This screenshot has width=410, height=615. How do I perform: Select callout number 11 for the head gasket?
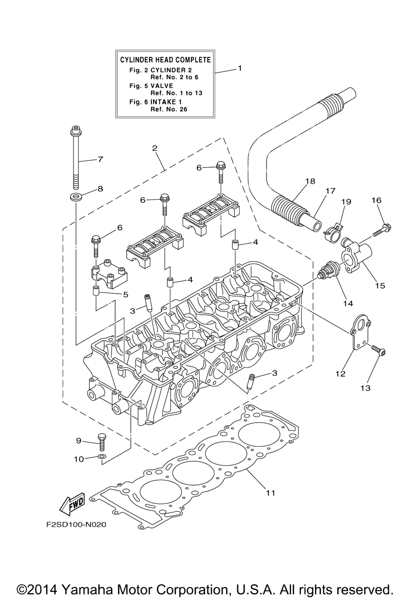point(271,493)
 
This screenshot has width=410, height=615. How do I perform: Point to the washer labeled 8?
point(75,197)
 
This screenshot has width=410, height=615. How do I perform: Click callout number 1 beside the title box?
point(240,68)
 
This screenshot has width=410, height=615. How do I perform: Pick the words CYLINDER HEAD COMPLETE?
point(165,60)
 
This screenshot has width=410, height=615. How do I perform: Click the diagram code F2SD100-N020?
point(76,525)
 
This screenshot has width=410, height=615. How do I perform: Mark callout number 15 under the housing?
point(380,285)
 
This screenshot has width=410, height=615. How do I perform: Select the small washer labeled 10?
point(102,456)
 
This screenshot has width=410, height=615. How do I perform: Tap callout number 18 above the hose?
point(310,181)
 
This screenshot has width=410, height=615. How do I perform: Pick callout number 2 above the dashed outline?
point(155,148)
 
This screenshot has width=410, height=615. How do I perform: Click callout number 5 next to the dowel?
point(125,294)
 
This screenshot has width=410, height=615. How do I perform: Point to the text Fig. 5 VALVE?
point(151,86)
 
